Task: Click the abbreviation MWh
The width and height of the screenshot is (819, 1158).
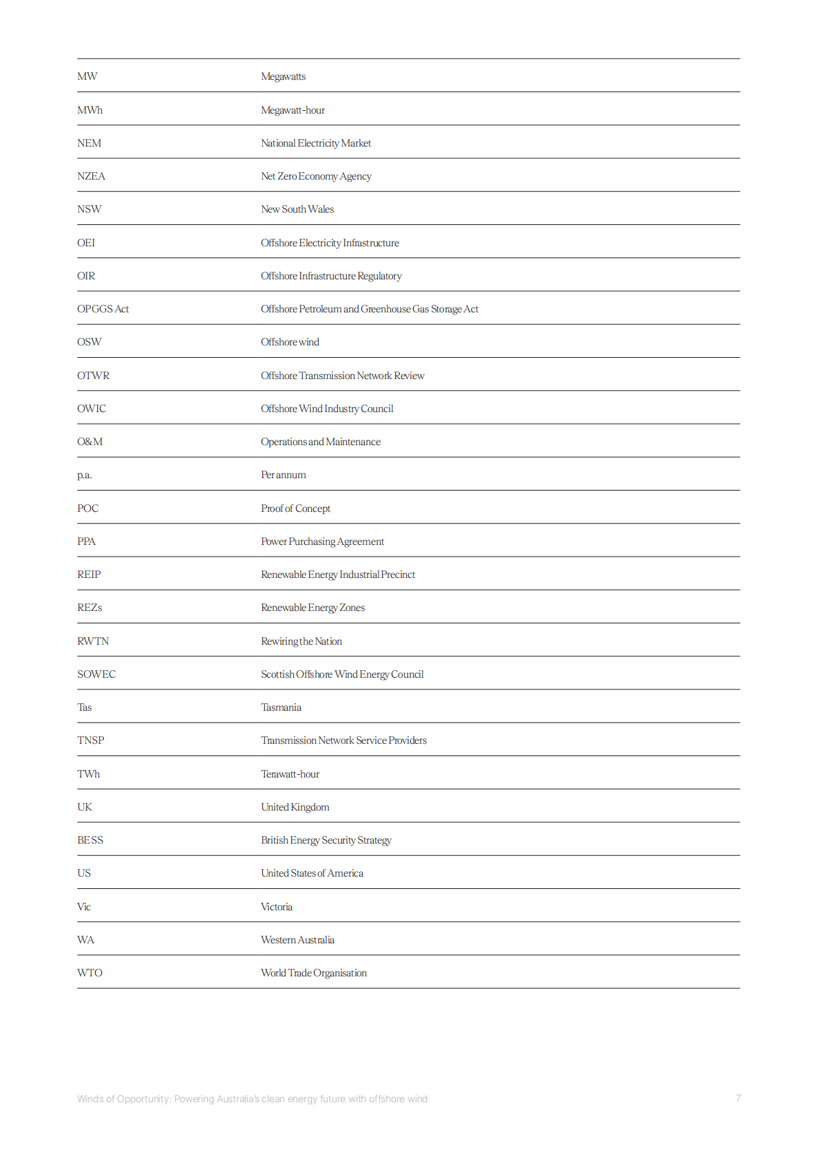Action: click(89, 110)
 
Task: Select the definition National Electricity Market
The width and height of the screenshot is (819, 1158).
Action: click(316, 143)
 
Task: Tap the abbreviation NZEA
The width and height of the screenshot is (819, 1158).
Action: click(91, 176)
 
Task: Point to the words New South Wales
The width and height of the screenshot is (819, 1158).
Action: click(297, 209)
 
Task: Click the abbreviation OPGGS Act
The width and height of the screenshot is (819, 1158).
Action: click(103, 309)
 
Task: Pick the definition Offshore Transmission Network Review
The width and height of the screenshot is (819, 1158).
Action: click(342, 376)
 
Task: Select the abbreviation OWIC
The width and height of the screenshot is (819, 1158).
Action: click(92, 409)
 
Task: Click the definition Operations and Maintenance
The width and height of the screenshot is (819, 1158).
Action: click(320, 442)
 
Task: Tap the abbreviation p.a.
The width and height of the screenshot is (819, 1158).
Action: click(84, 475)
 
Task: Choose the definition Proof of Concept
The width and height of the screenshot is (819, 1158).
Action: click(295, 508)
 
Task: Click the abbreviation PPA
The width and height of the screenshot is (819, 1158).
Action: click(86, 542)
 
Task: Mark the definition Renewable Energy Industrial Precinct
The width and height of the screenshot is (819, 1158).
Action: click(338, 575)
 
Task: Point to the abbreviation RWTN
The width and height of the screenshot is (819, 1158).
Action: click(93, 641)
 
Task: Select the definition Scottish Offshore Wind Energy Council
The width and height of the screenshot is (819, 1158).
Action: click(342, 674)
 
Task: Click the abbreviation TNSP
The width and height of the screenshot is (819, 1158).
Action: click(90, 740)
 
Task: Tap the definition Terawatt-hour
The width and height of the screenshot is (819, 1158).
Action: click(290, 774)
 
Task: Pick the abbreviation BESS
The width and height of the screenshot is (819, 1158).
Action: click(90, 840)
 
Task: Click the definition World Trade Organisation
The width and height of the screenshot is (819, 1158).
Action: click(313, 973)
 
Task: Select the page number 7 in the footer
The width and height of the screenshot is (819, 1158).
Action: click(738, 1098)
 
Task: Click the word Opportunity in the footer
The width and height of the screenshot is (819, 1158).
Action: click(143, 1099)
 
